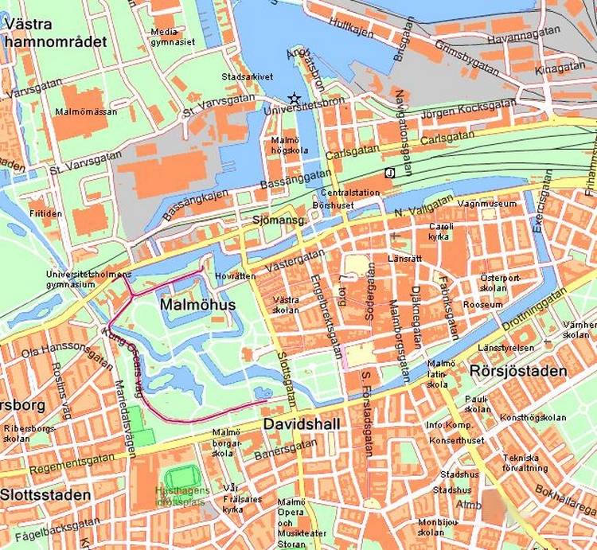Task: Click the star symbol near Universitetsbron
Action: coord(295,99)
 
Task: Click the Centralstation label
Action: coord(347,193)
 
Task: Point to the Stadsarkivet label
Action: coord(248,77)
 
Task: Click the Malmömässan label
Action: coord(86,112)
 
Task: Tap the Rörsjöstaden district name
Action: coord(518,371)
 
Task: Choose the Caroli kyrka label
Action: coord(440,231)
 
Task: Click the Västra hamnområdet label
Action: coord(53,33)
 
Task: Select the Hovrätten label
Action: coord(236,276)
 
